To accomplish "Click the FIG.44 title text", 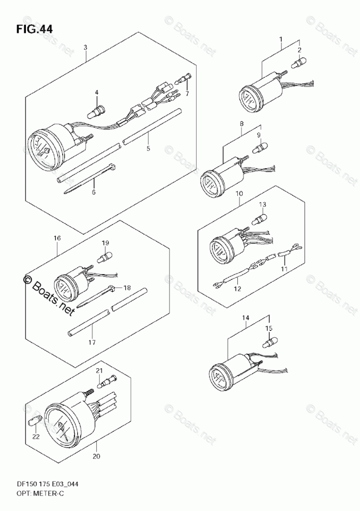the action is tap(34, 29).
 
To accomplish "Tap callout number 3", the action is tap(85, 48).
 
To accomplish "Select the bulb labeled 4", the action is tap(97, 110).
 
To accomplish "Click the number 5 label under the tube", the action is tap(148, 148).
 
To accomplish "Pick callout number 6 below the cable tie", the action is tap(94, 192).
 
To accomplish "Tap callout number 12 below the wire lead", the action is tap(237, 289).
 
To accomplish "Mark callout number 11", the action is tap(283, 268).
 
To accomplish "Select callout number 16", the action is tap(57, 238).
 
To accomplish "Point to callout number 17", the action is tap(93, 342).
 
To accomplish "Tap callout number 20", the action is tap(97, 456).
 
